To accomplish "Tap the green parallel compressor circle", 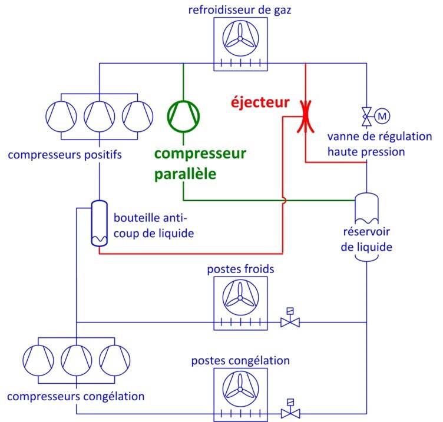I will (x=184, y=115).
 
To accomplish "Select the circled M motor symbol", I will (x=382, y=116).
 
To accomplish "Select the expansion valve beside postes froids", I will (x=289, y=321).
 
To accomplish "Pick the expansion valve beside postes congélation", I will (x=289, y=413).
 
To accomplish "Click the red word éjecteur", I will (x=259, y=102).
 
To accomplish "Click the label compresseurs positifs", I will (x=65, y=155).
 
